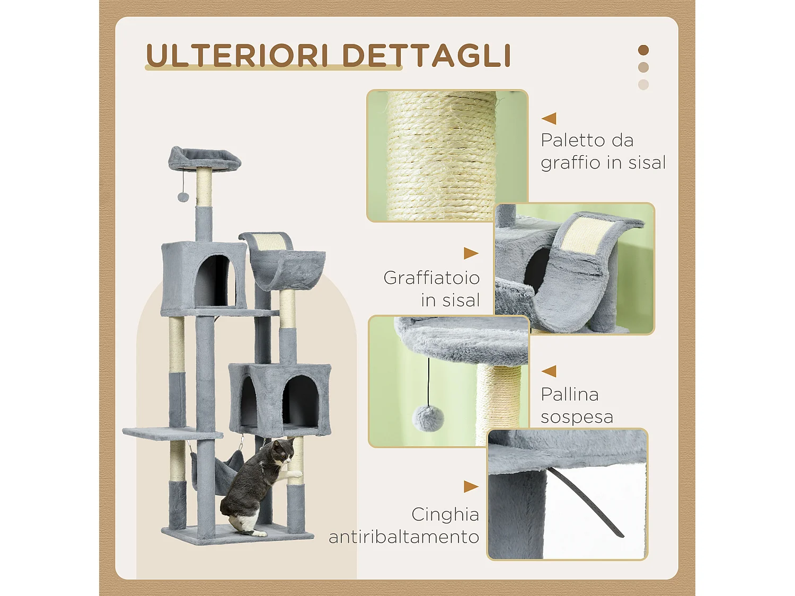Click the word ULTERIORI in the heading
pos(237,55)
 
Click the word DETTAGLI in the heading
pos(426,55)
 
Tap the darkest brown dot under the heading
pos(643,50)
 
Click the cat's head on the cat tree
pos(284,451)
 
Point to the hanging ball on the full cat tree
pos(183,197)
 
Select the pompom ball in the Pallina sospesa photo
pos(428,417)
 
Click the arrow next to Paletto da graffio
pos(549,118)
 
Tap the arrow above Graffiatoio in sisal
pos(471,253)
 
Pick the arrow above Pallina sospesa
pos(549,371)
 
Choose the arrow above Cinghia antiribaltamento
pos(471,486)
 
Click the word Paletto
pos(572,140)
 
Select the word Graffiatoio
pos(431,278)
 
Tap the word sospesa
pos(577,417)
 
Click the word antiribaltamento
pos(404,537)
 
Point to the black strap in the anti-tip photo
pos(588,503)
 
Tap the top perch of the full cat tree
pos(204,158)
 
